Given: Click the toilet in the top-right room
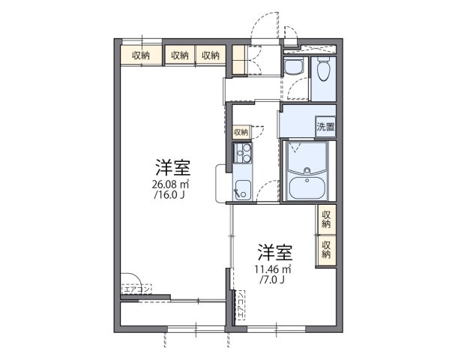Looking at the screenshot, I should [x=323, y=70].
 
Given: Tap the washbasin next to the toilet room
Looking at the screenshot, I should [x=293, y=67].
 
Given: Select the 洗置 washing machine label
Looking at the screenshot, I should [x=325, y=127].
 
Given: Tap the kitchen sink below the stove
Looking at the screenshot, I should [x=241, y=188].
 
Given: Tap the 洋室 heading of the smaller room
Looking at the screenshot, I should [x=275, y=250].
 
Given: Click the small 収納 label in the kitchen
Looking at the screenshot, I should [x=240, y=132].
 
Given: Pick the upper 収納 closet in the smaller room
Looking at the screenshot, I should [x=326, y=219].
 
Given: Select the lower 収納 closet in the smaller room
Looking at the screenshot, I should [x=326, y=249].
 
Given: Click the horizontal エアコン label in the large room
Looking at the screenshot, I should [x=136, y=288].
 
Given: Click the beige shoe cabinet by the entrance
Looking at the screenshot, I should [x=239, y=61].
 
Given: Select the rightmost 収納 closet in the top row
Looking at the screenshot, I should [x=210, y=55].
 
